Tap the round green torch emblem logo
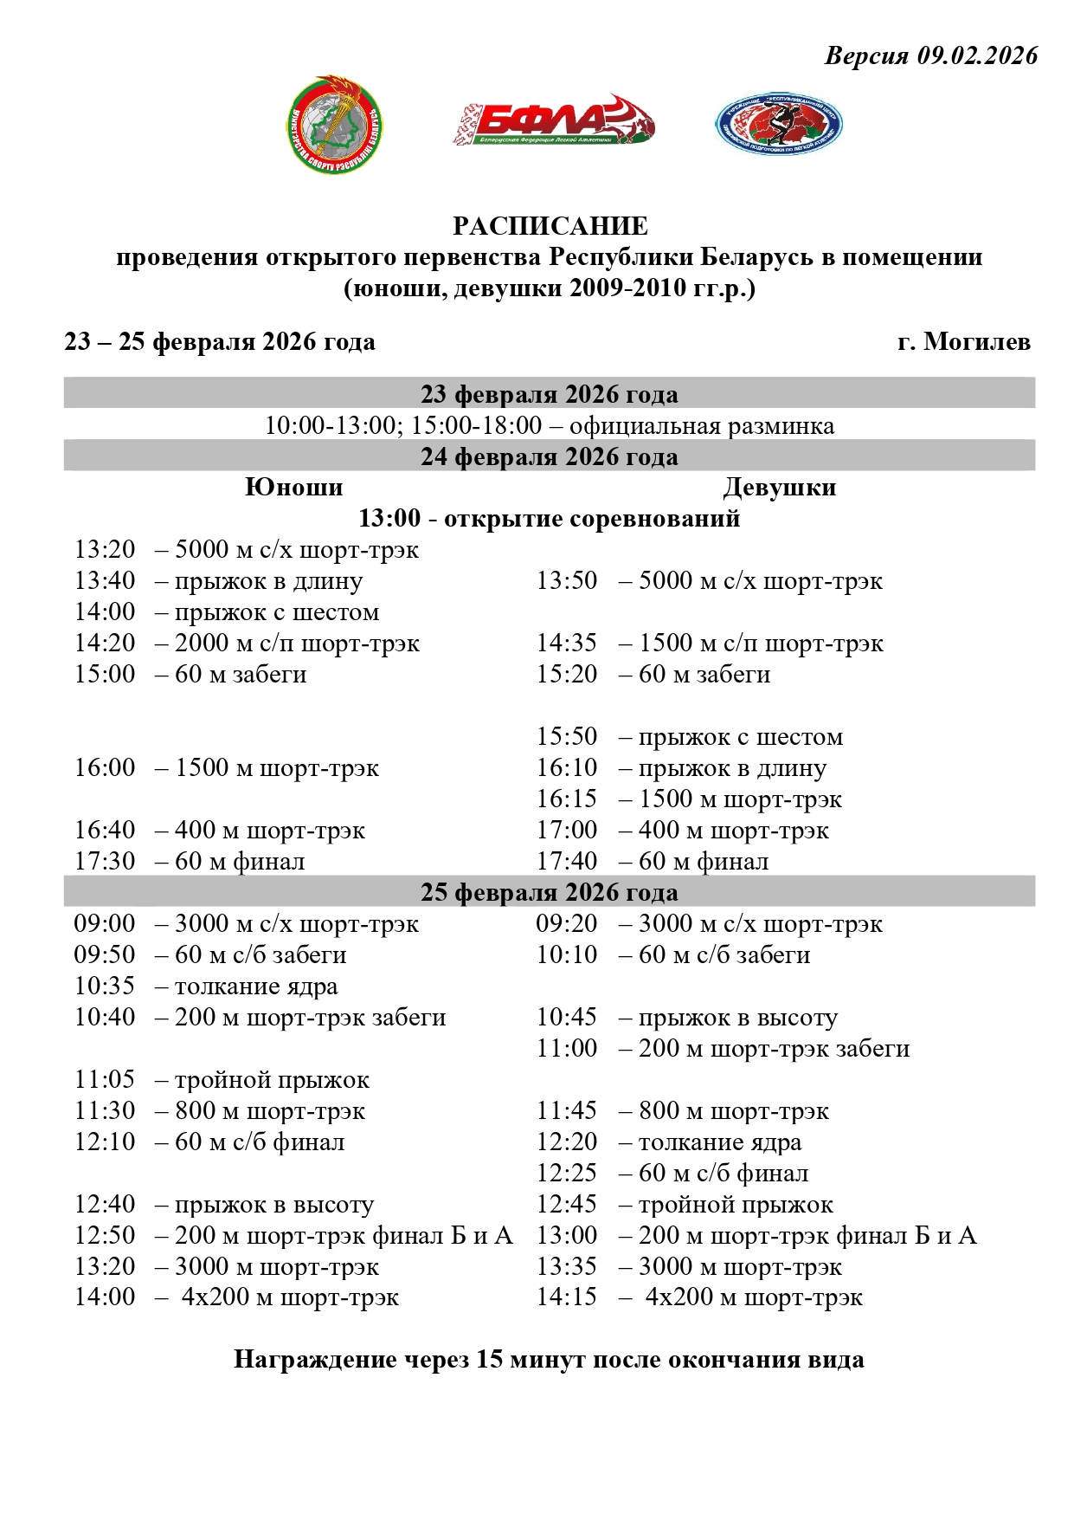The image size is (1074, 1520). (x=334, y=125)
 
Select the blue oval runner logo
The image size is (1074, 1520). (x=778, y=123)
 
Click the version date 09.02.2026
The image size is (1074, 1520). (x=977, y=56)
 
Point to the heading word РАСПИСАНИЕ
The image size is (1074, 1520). (x=550, y=226)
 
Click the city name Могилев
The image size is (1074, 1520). (x=977, y=341)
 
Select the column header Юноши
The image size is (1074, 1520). (x=294, y=487)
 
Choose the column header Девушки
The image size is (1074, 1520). (x=779, y=487)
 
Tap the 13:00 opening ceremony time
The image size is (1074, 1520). (x=389, y=518)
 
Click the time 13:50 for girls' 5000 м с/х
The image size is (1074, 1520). (x=567, y=581)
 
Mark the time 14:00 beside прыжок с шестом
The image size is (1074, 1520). (x=105, y=612)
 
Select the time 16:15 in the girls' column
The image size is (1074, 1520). (x=567, y=799)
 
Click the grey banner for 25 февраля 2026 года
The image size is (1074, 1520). (x=550, y=892)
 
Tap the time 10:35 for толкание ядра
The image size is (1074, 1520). (x=105, y=986)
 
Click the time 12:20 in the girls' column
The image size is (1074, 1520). (x=567, y=1142)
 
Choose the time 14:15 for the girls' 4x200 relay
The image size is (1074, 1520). (x=567, y=1297)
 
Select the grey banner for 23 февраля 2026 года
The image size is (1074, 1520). (x=550, y=394)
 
